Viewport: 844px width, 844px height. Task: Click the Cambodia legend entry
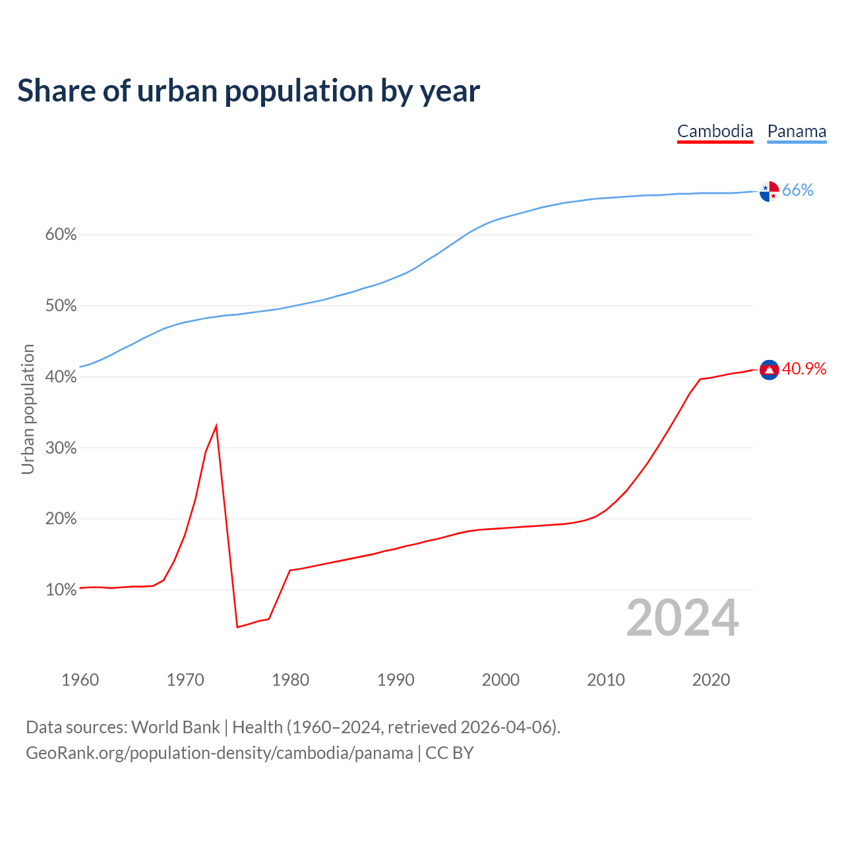(715, 131)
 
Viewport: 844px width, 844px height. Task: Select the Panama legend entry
(797, 131)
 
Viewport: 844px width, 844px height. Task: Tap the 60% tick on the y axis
(61, 235)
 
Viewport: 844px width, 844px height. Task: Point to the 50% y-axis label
(61, 306)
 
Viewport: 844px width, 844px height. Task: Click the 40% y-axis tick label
(61, 377)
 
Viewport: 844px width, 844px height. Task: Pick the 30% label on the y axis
(61, 448)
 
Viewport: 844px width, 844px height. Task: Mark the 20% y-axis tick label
(61, 519)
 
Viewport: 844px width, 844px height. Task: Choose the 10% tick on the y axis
(61, 590)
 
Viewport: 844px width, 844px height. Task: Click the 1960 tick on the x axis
(80, 680)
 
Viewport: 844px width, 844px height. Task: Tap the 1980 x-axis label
(290, 680)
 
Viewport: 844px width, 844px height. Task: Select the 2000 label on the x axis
(500, 680)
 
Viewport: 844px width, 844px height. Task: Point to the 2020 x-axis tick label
(711, 680)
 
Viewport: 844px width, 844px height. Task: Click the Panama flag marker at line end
(769, 191)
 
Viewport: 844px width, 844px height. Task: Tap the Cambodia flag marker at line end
(769, 370)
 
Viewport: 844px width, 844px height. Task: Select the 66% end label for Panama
(798, 191)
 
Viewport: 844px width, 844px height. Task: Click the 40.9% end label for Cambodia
(804, 369)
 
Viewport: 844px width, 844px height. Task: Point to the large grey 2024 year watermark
(682, 618)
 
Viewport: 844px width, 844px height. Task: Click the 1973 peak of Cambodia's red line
(216, 426)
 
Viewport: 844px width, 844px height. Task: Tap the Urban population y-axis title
(28, 409)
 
